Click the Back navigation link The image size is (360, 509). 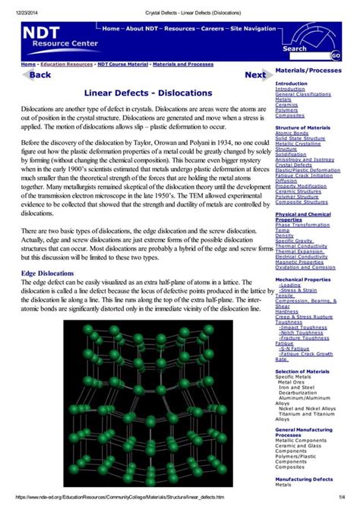39,75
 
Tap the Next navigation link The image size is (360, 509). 254,75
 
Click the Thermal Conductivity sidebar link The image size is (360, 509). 302,246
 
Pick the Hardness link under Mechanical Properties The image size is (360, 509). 287,311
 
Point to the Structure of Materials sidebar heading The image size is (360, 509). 302,127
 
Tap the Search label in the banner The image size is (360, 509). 295,49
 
